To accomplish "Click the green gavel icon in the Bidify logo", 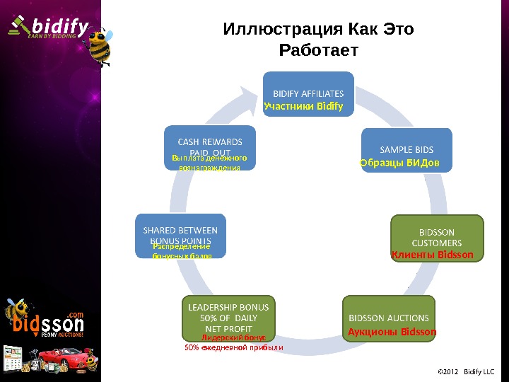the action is pyautogui.click(x=15, y=25).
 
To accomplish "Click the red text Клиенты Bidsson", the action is pyautogui.click(x=432, y=254).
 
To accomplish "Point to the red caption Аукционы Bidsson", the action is pyautogui.click(x=392, y=331).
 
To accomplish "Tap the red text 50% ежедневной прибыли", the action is pyautogui.click(x=233, y=347).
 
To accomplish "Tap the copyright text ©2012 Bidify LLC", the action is pyautogui.click(x=466, y=371).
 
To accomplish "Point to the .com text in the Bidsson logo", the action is pyautogui.click(x=76, y=314).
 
